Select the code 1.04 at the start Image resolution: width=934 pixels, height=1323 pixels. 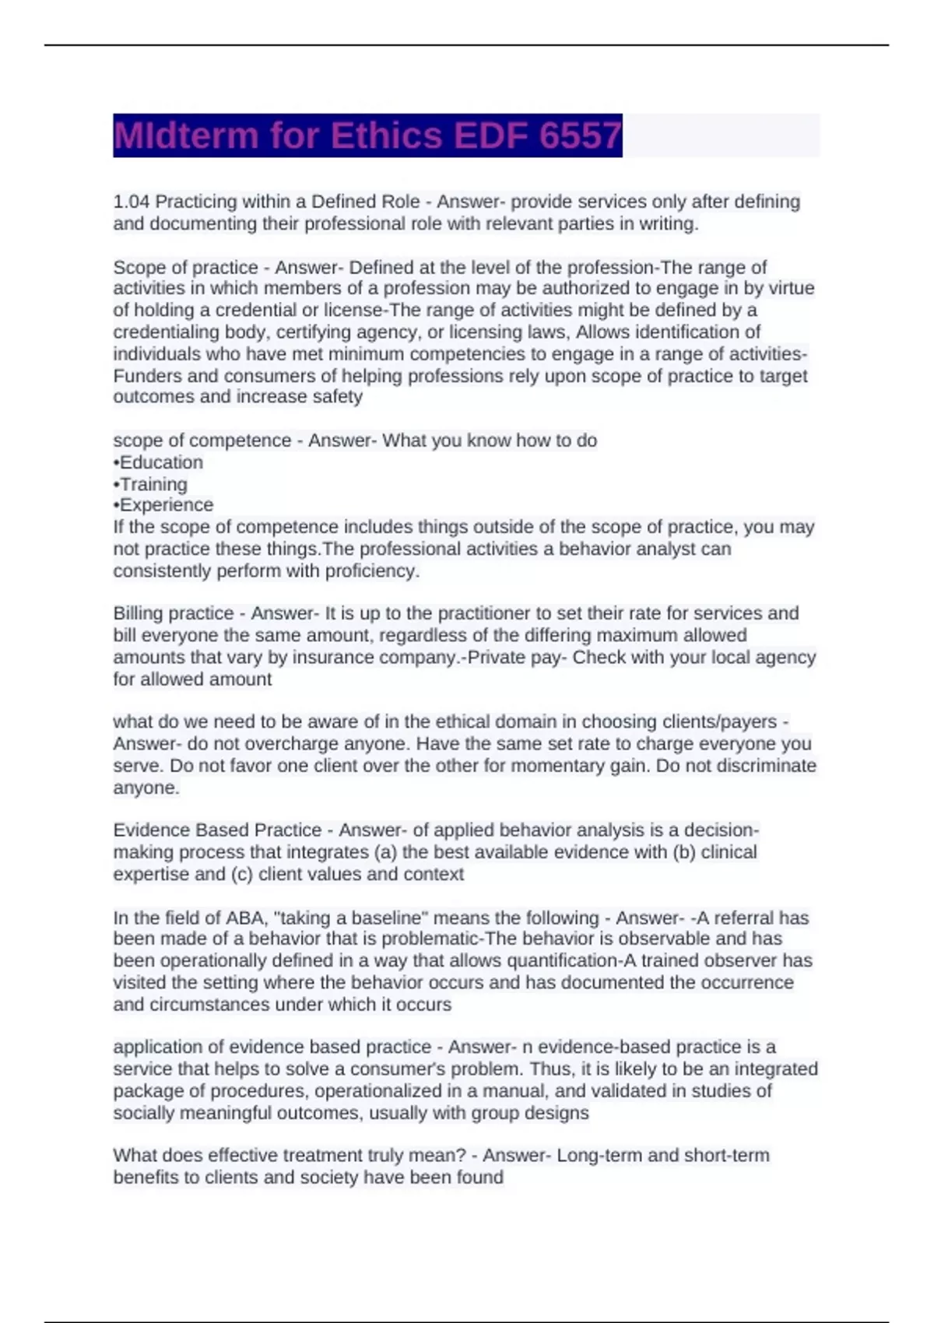click(132, 202)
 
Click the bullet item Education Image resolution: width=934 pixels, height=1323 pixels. click(160, 462)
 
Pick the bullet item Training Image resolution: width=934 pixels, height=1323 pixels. click(153, 484)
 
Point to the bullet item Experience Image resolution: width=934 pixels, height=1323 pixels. click(166, 505)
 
